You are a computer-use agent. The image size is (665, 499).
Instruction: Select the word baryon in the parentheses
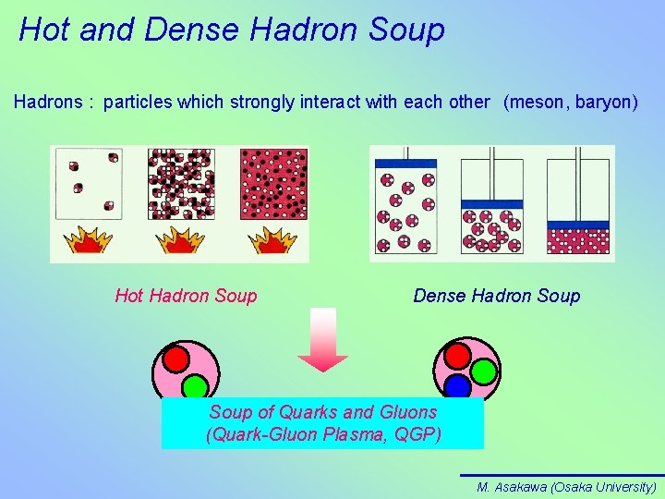pyautogui.click(x=603, y=102)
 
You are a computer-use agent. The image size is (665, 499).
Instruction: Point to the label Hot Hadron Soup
pyautogui.click(x=186, y=296)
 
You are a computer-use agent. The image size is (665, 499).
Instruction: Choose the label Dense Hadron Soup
pyautogui.click(x=497, y=296)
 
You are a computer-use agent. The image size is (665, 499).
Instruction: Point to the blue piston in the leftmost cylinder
pyautogui.click(x=405, y=163)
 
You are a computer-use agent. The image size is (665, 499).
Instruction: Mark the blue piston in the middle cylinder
pyautogui.click(x=490, y=203)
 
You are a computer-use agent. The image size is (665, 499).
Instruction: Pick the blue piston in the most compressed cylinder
pyautogui.click(x=578, y=225)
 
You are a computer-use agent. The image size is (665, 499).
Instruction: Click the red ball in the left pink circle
pyautogui.click(x=175, y=359)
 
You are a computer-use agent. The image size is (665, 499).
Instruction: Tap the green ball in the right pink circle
pyautogui.click(x=484, y=371)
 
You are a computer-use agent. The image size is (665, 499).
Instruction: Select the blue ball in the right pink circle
pyautogui.click(x=457, y=384)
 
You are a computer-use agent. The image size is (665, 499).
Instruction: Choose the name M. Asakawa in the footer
pyautogui.click(x=512, y=487)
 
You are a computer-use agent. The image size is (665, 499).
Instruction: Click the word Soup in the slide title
pyautogui.click(x=406, y=30)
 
